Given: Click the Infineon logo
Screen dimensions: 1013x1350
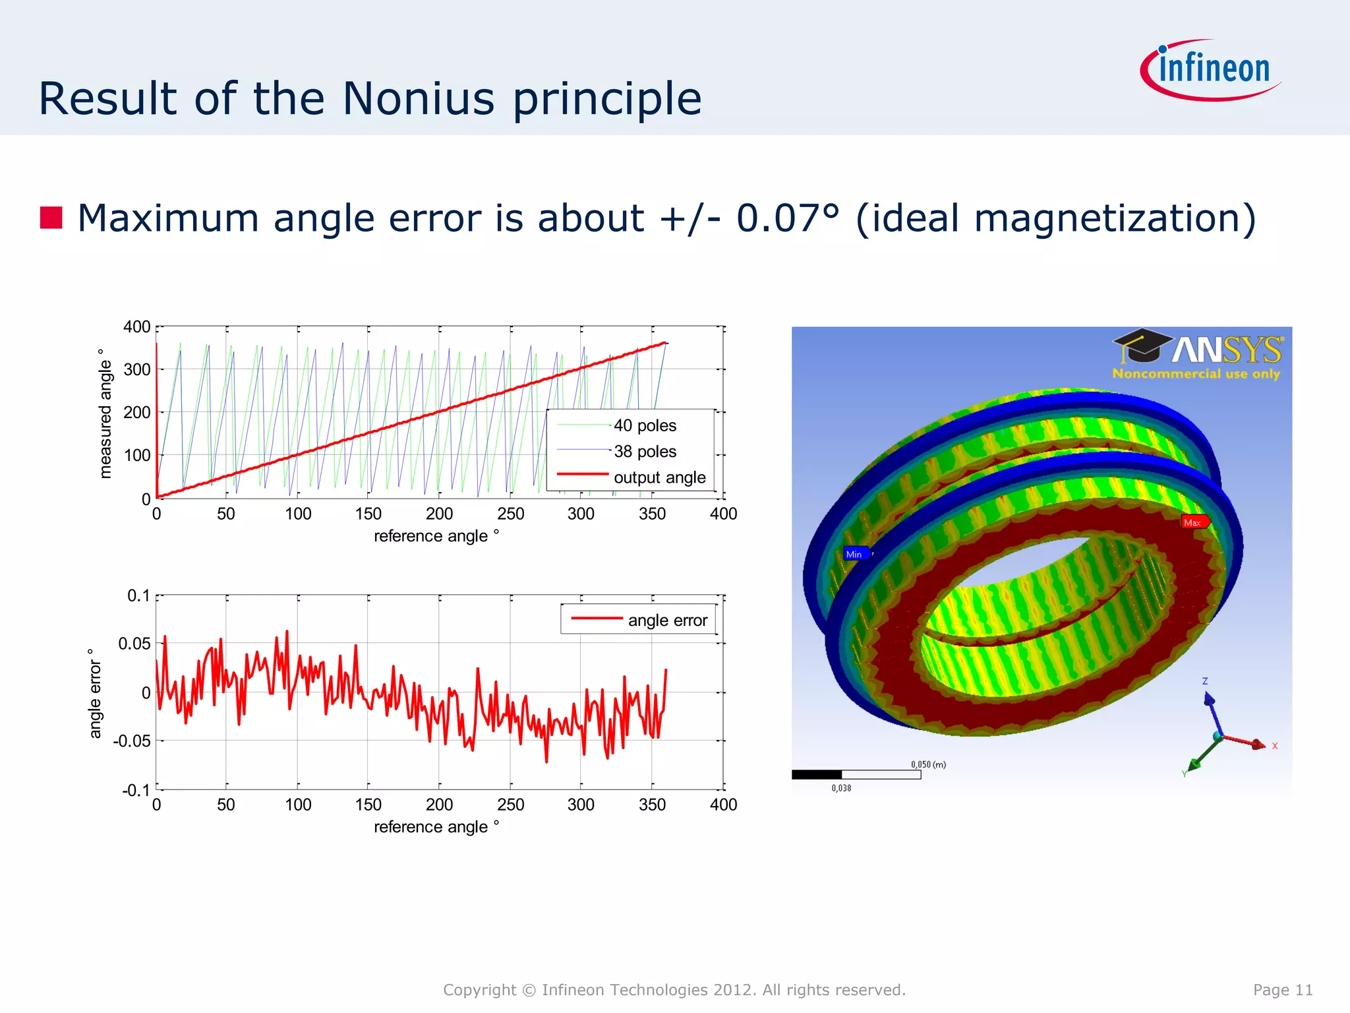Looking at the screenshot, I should coord(1212,70).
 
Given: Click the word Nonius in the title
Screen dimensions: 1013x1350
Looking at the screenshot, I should coord(418,99).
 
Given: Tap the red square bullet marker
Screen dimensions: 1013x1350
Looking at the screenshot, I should coord(51,218).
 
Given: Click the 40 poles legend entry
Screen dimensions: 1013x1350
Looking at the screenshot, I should coord(644,425).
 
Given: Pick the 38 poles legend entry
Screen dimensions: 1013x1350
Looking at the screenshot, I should coord(644,451).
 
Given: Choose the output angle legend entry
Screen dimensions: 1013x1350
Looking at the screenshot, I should coord(659,477).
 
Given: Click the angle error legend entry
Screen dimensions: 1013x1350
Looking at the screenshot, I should coord(666,620).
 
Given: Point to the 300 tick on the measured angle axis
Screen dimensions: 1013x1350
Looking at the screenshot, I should coord(137,369).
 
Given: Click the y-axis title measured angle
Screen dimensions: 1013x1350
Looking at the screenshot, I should coord(105,414).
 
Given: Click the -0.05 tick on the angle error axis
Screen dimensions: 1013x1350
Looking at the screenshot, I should coord(132,741).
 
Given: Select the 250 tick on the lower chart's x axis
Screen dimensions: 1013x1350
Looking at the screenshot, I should coord(511,804).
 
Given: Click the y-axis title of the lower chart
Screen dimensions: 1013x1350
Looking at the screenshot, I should coord(95,692).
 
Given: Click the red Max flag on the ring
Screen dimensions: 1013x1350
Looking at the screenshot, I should coord(1194,522).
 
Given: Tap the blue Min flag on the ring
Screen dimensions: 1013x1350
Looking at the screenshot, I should coord(855,554).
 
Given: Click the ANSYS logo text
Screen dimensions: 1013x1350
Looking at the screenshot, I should coord(1226,350).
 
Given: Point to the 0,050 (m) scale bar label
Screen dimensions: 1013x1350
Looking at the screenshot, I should coord(928,764).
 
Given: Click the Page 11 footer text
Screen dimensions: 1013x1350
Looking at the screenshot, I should coord(1282,989).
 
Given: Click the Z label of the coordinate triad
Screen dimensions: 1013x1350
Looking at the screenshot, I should coord(1204,681).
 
